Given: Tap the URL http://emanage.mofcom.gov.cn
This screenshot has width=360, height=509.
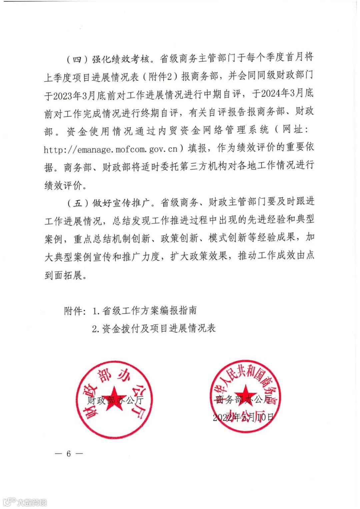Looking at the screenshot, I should (x=111, y=149).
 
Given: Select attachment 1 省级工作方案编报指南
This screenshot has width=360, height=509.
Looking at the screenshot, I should (x=145, y=311).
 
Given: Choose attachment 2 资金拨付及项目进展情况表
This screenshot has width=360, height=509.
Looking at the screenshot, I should (x=154, y=328).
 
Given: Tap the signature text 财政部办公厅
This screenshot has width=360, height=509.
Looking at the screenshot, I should (x=115, y=400).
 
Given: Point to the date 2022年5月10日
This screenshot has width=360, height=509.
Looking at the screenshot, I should (x=243, y=417).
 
